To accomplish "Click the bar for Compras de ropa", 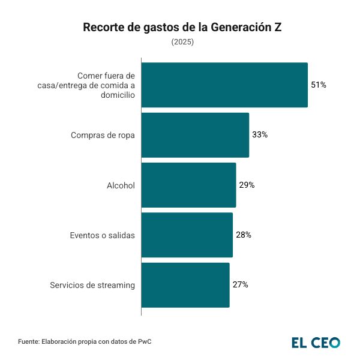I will [x=195, y=135].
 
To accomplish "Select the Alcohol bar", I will [x=188, y=185].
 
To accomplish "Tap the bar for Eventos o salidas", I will [x=187, y=235].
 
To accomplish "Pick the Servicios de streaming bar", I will [x=185, y=284].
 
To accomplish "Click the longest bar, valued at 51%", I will [x=224, y=85].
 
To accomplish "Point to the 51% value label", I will [x=319, y=85].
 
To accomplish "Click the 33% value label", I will [x=260, y=135].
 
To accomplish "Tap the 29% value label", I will [x=247, y=185].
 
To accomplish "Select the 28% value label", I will [x=244, y=235].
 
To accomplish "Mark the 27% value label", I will [x=240, y=284].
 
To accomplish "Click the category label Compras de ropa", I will [x=103, y=135].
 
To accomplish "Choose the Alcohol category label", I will [x=121, y=185].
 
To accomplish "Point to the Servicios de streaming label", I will [x=92, y=285].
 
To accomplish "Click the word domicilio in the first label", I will [x=115, y=95].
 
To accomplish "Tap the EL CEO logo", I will [x=316, y=343].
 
